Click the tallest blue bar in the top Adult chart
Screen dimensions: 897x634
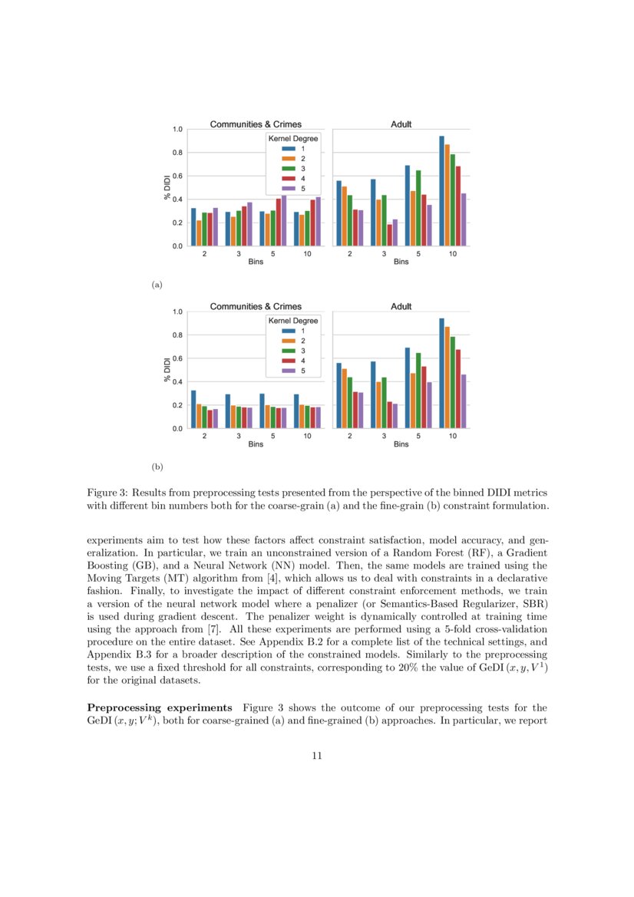(441, 191)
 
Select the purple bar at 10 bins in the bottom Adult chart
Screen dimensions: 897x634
(463, 401)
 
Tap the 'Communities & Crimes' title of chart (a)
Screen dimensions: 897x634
(256, 124)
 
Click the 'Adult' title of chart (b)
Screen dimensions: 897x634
(401, 306)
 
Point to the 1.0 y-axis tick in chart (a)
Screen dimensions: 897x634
(177, 130)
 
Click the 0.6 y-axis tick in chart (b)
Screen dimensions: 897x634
(177, 358)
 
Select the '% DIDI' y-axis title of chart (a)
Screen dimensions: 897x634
(167, 187)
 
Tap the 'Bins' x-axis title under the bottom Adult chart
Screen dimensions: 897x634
(401, 445)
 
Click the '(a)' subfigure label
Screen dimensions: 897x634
(157, 285)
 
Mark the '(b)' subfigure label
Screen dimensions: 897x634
(157, 466)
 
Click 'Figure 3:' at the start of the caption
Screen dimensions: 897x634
(107, 492)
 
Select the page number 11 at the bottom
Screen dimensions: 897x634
(316, 756)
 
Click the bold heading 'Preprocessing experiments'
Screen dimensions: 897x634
(160, 707)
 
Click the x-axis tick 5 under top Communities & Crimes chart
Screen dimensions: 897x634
(272, 253)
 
